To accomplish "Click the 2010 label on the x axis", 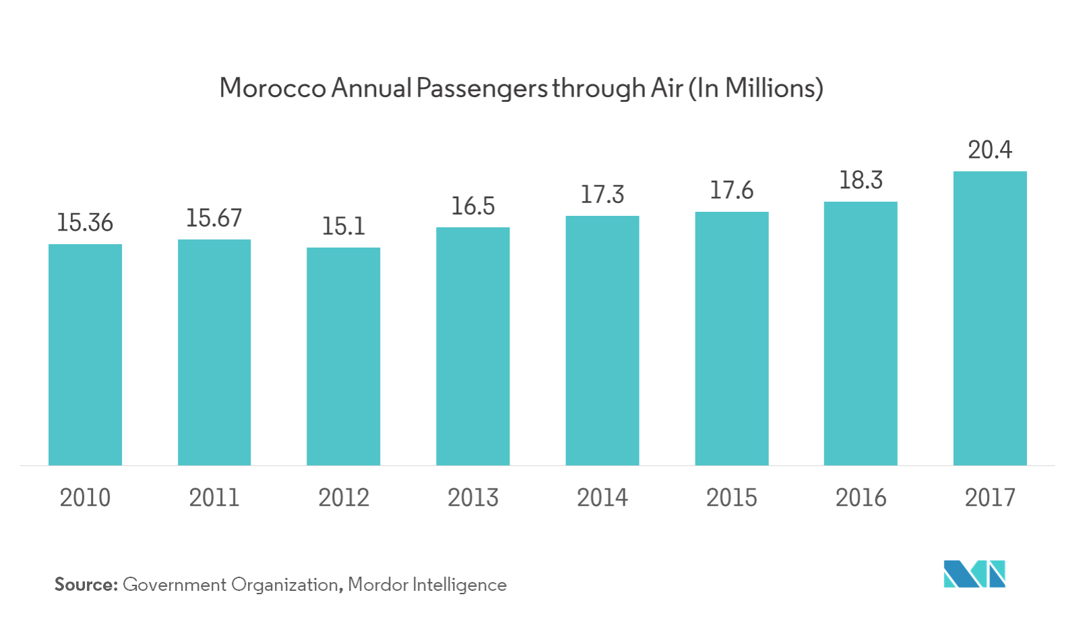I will [x=86, y=498].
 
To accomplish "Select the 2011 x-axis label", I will [x=214, y=498].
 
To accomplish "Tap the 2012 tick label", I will [x=344, y=498].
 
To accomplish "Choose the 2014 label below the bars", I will [x=602, y=498].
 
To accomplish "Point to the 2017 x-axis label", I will [x=989, y=498].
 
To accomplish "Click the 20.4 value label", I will [x=989, y=150].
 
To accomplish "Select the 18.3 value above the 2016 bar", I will [x=861, y=181].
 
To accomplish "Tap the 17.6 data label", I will [x=731, y=191].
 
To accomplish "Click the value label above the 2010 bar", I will [x=86, y=223].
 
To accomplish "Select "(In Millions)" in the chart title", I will [x=755, y=88].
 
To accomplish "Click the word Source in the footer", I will [x=85, y=585].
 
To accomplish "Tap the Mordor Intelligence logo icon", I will [x=974, y=574].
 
